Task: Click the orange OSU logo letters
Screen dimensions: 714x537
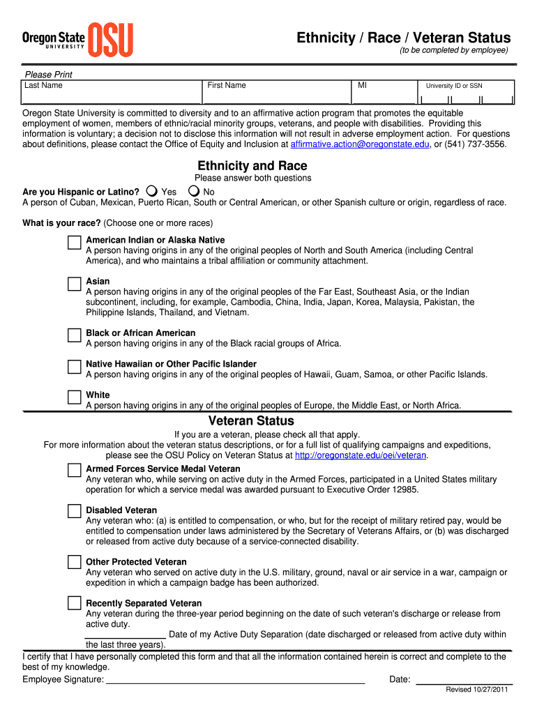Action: tap(112, 40)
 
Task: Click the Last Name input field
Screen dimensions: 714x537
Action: tap(112, 96)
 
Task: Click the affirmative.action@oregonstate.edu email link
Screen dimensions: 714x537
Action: tap(360, 144)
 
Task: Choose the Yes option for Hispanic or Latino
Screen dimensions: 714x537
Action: tap(152, 191)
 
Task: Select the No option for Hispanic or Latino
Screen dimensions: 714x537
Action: tap(194, 191)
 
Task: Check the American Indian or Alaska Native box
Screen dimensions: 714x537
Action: tap(74, 242)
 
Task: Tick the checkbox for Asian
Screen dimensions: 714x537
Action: tap(74, 284)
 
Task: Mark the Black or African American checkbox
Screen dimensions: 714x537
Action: tap(74, 335)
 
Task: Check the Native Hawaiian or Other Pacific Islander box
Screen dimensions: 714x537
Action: tap(74, 366)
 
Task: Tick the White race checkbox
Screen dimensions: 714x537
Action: tap(74, 397)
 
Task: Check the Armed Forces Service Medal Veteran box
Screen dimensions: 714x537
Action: tap(74, 470)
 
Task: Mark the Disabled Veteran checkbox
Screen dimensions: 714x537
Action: tap(74, 511)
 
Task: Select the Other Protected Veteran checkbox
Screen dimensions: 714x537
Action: tap(74, 563)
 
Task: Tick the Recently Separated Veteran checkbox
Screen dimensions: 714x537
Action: tap(74, 603)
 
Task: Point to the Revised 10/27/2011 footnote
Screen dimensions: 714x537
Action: tap(477, 690)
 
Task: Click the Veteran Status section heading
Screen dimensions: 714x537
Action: tap(251, 421)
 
